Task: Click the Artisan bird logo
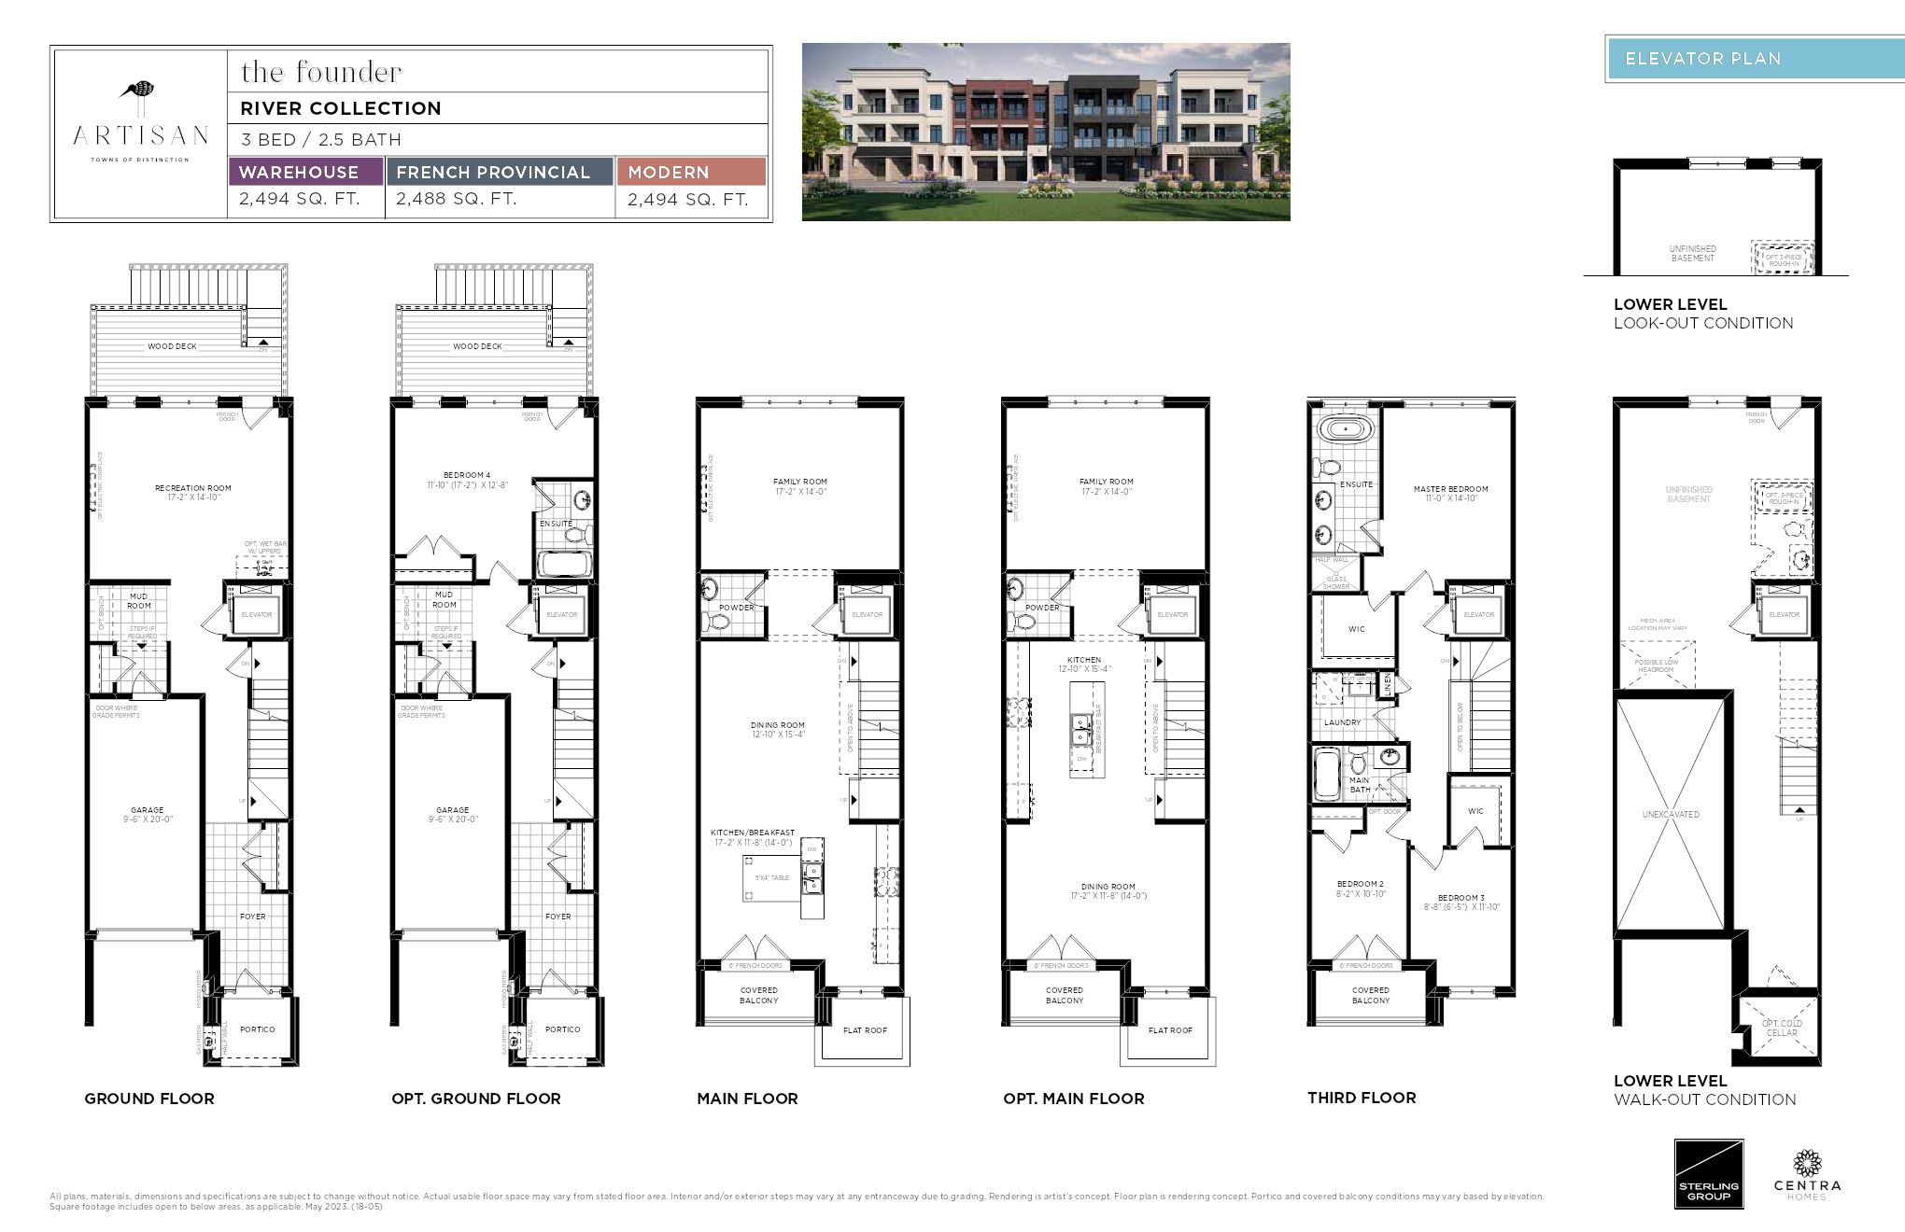[x=139, y=91]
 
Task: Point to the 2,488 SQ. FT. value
[x=457, y=199]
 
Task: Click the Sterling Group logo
[x=1708, y=1174]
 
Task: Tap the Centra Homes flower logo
[x=1807, y=1163]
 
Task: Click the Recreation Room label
[x=193, y=488]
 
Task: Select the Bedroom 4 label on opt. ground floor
[x=467, y=475]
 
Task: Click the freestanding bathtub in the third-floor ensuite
[x=1345, y=431]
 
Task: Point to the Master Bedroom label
[x=1450, y=489]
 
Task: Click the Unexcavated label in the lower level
[x=1671, y=815]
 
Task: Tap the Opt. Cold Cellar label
[x=1782, y=1028]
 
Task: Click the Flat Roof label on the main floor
[x=865, y=1030]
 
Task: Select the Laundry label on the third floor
[x=1342, y=722]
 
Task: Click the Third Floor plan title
[x=1362, y=1098]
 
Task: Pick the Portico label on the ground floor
[x=257, y=1029]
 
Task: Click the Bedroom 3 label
[x=1460, y=898]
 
